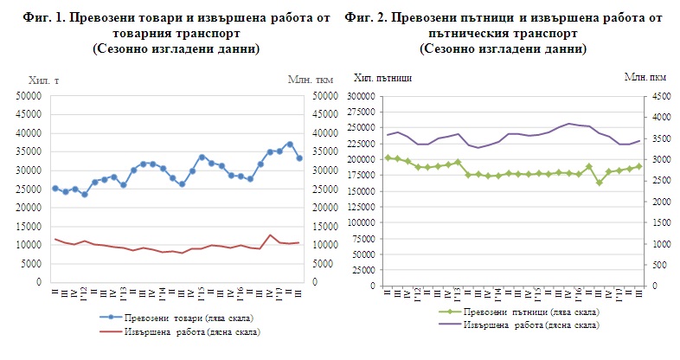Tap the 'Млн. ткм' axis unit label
point(307,80)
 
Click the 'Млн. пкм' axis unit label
point(642,78)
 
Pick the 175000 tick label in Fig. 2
point(361,180)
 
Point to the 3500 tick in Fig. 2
point(659,138)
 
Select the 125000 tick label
point(361,222)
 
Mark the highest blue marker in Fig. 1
point(290,144)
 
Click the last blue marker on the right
point(299,158)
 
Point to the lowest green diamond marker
point(600,183)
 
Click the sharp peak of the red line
point(270,235)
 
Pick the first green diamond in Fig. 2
point(388,157)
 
